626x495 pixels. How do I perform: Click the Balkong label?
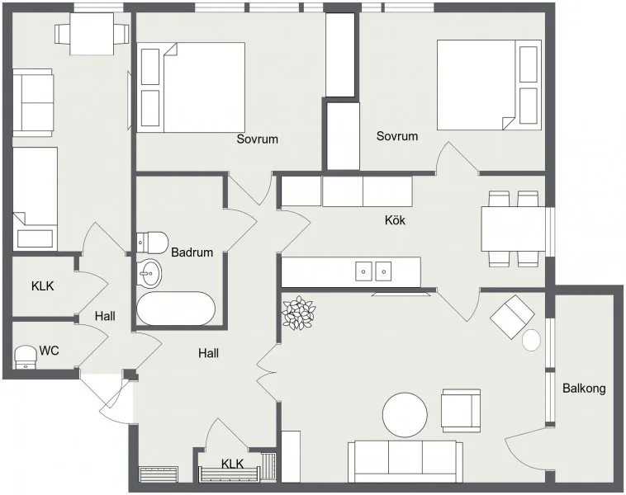(584, 388)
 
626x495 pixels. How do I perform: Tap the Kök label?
(395, 219)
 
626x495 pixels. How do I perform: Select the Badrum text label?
(192, 252)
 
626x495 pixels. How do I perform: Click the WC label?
(49, 351)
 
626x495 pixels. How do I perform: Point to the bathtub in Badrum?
(176, 309)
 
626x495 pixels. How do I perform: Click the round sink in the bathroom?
(149, 273)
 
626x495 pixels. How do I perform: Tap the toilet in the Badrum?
(152, 242)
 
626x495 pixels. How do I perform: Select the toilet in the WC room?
(26, 356)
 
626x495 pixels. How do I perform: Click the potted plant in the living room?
(298, 313)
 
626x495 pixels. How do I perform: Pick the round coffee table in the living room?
(405, 415)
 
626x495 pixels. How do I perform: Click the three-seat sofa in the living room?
(405, 462)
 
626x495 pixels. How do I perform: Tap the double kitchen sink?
(373, 271)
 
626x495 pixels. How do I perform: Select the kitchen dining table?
(514, 229)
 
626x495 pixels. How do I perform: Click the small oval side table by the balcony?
(531, 340)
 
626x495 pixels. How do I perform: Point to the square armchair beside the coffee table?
(461, 411)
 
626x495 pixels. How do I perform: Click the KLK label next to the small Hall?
(42, 286)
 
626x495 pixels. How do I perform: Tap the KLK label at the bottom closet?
(232, 464)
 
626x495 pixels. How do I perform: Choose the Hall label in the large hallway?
(208, 353)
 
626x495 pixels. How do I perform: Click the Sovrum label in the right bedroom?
(397, 136)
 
